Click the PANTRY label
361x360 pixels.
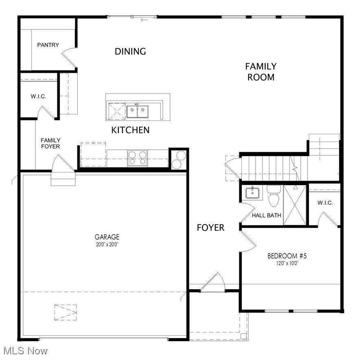[48, 45]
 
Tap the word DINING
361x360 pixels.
[130, 51]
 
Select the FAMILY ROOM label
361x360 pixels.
[261, 72]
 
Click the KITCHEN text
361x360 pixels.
[130, 130]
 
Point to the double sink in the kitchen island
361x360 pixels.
[137, 111]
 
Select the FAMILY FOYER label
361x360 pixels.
[50, 143]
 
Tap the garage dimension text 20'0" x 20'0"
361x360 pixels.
[107, 244]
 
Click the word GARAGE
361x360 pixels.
[107, 237]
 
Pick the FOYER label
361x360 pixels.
[210, 228]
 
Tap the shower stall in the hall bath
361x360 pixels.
[295, 204]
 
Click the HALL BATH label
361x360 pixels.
[267, 215]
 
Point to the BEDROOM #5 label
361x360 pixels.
[287, 256]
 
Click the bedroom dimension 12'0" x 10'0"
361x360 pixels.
[287, 263]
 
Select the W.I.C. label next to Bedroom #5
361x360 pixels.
[325, 203]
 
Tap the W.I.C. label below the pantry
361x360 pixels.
[38, 96]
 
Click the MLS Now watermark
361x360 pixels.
[24, 350]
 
